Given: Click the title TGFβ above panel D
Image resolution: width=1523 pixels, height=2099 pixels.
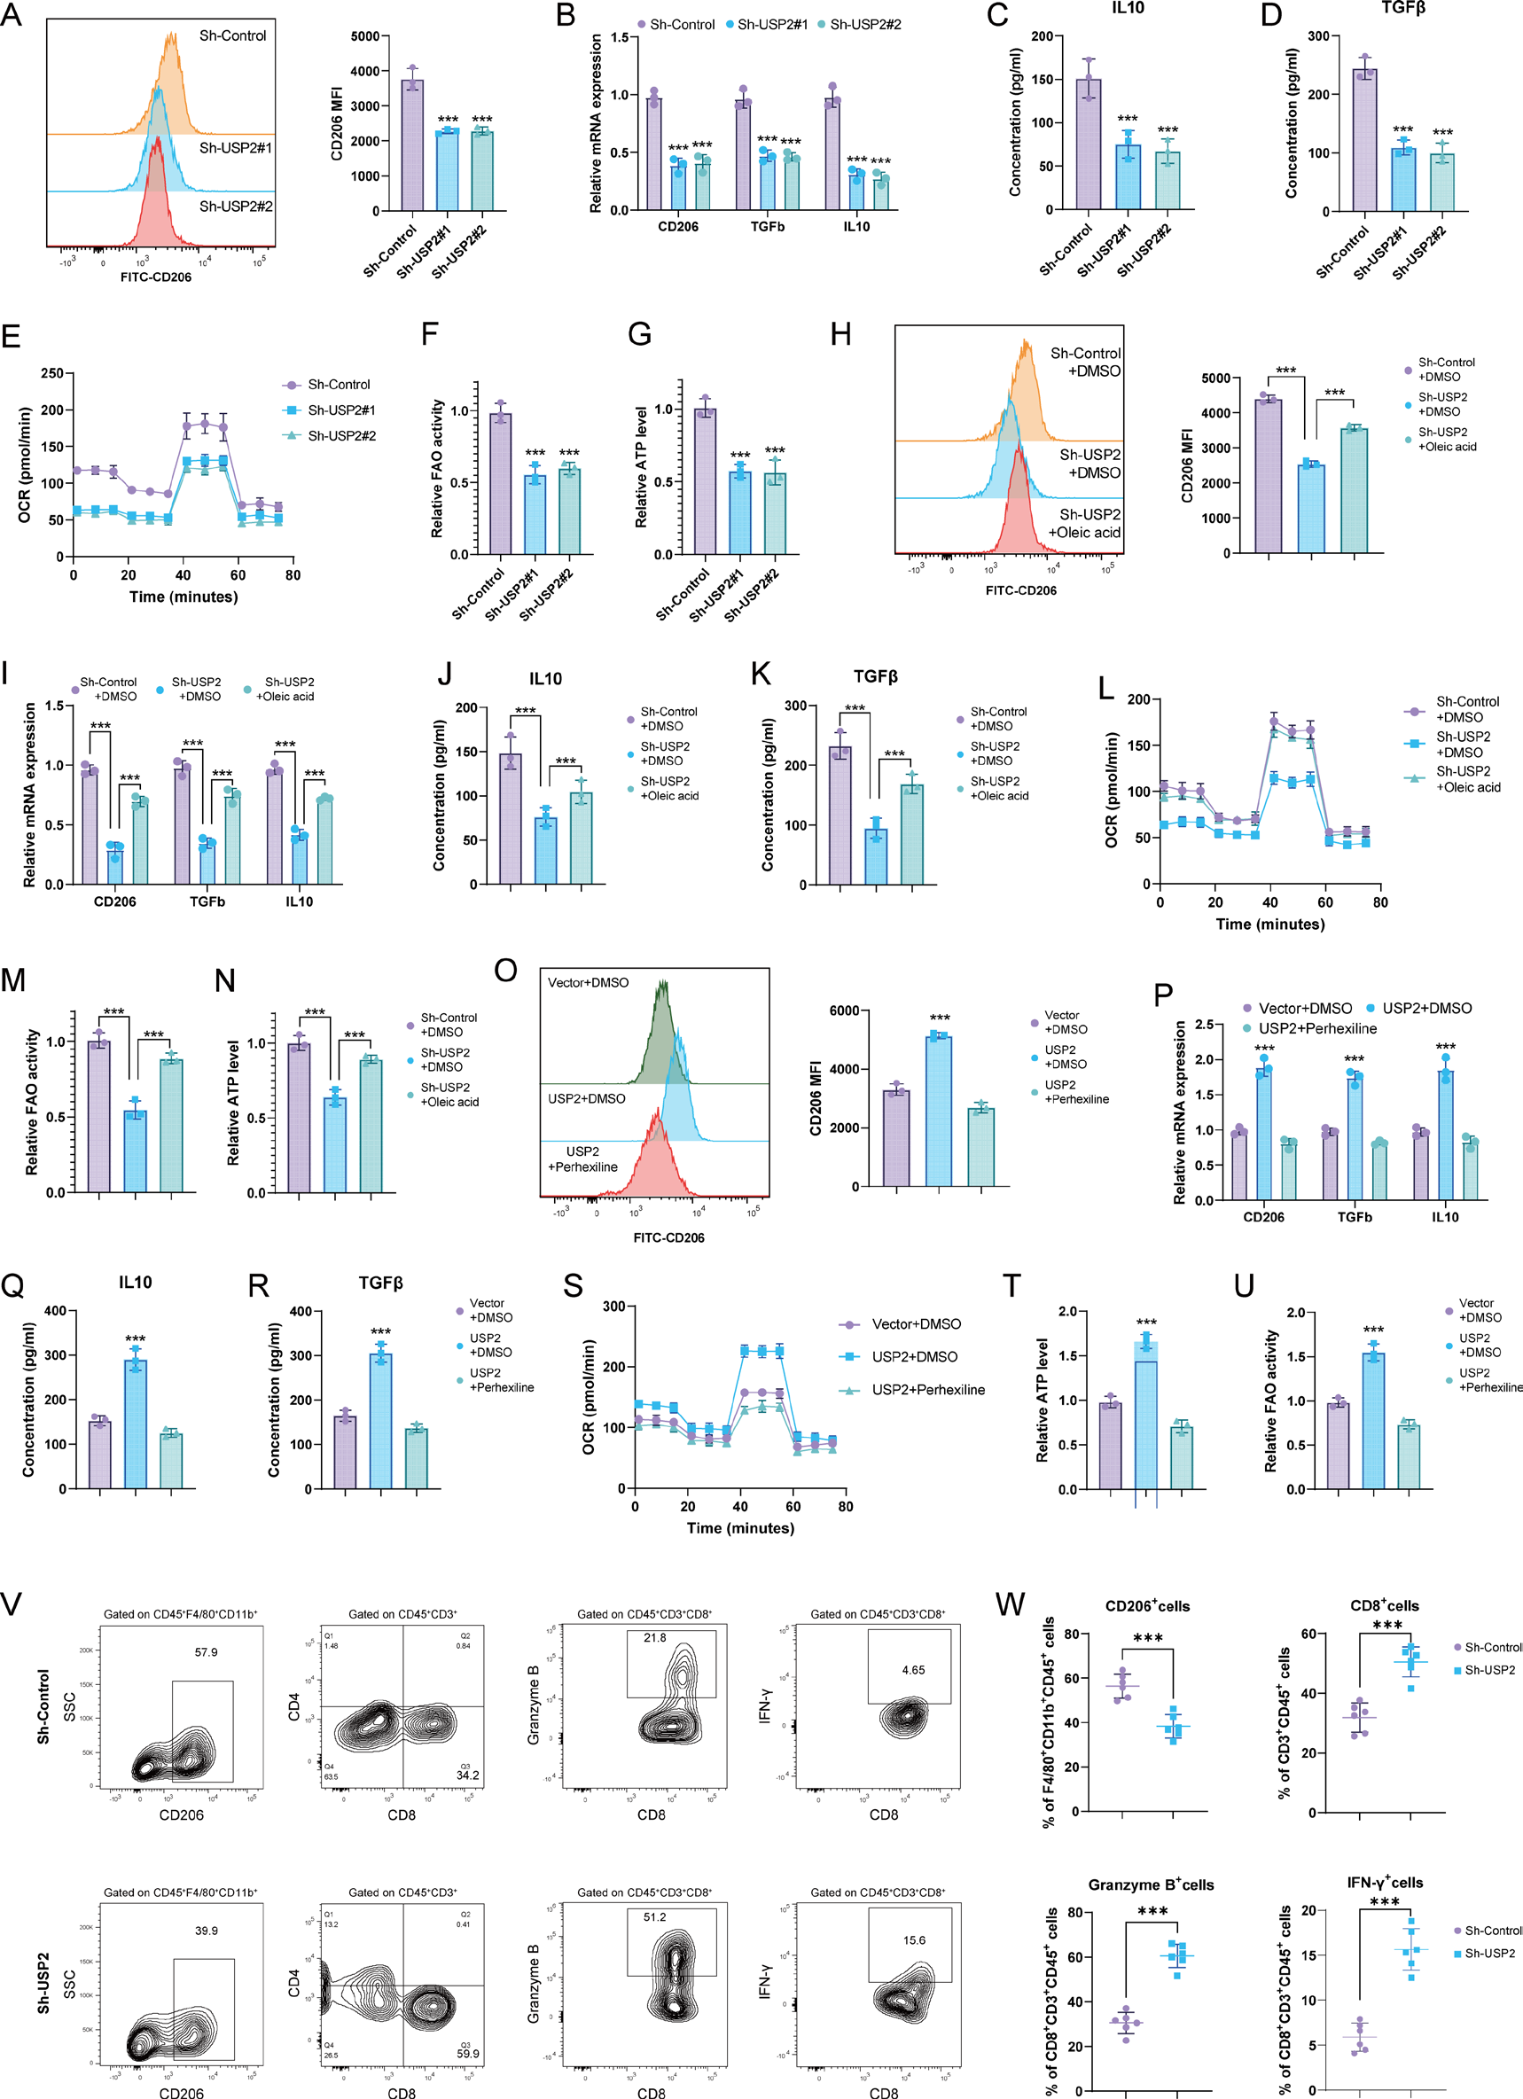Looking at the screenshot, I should (x=1402, y=8).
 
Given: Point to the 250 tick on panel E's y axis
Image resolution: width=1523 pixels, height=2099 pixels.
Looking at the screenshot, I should (x=53, y=373).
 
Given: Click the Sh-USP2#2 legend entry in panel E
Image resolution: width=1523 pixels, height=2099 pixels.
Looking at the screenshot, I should (x=340, y=436).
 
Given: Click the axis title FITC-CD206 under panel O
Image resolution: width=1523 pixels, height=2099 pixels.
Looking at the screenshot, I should (x=668, y=1237).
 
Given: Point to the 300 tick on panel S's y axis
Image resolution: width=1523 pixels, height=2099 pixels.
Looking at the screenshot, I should (x=613, y=1306).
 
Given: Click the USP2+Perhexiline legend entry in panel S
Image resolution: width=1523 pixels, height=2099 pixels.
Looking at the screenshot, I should (x=927, y=1390).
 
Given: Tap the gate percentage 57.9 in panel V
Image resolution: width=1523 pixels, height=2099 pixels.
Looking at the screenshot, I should (x=206, y=1652).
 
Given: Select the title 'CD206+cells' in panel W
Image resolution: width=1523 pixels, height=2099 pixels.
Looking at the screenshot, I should (x=1147, y=1605).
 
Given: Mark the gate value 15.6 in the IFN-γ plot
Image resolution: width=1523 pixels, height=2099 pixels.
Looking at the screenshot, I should (x=914, y=1939).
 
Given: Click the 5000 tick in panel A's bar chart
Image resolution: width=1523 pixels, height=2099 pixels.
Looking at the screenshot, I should (x=364, y=36).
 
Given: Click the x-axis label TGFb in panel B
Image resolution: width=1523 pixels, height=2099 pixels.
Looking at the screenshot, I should (x=767, y=227).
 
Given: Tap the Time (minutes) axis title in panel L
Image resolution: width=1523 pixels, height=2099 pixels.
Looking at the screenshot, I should (x=1269, y=924).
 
